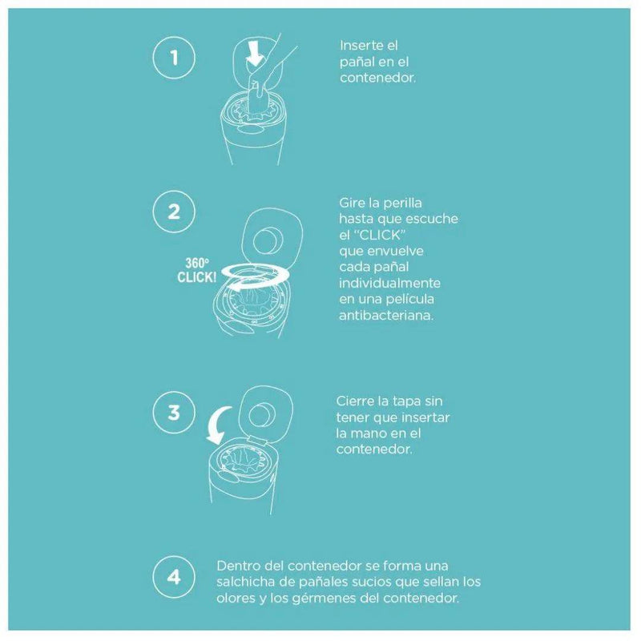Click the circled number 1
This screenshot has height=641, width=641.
point(174,57)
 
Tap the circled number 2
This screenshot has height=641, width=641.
point(174,212)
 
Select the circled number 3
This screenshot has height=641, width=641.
point(174,412)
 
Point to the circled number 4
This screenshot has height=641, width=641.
point(174,577)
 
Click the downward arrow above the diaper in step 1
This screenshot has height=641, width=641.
point(254,53)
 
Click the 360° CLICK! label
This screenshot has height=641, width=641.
point(196,270)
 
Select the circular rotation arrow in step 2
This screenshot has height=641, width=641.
point(256,276)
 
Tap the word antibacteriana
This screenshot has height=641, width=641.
point(385,315)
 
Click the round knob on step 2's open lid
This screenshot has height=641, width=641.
point(264,241)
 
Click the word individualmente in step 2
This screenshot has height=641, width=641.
point(389,283)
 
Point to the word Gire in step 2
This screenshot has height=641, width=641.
point(351,203)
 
